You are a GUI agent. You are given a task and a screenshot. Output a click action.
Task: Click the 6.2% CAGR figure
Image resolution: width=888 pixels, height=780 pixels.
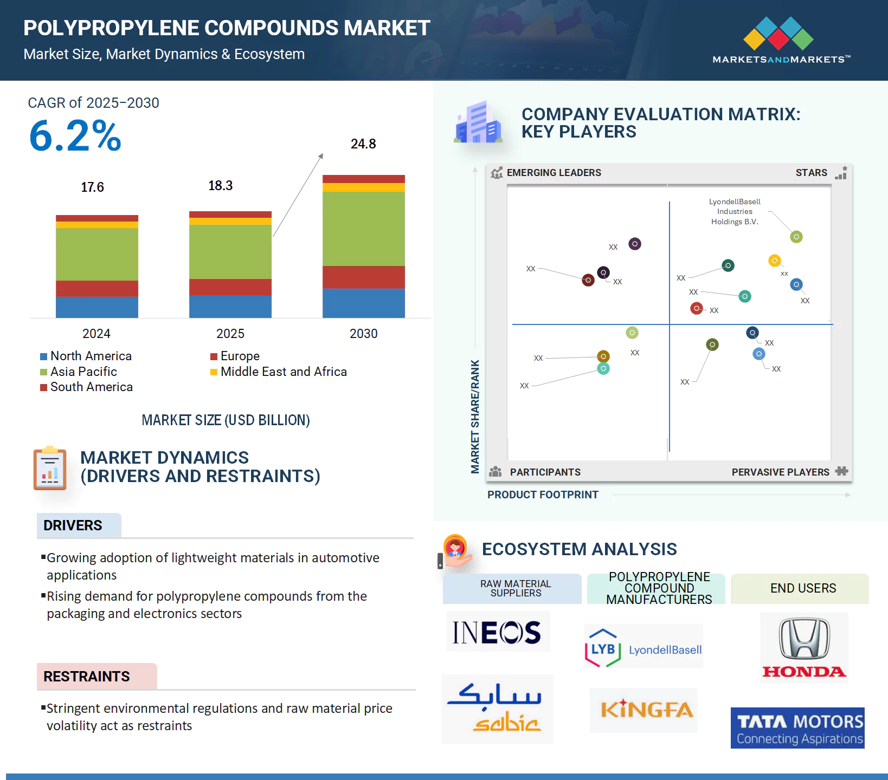click(75, 136)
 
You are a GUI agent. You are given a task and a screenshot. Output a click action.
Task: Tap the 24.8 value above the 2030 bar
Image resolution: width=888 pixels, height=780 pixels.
click(363, 144)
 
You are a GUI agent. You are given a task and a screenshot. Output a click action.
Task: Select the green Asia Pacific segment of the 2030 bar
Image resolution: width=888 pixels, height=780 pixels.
click(363, 229)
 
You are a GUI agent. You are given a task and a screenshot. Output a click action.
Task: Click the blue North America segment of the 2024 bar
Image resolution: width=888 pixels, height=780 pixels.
click(96, 307)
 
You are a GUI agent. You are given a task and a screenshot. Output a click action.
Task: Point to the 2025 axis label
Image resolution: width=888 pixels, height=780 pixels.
click(230, 334)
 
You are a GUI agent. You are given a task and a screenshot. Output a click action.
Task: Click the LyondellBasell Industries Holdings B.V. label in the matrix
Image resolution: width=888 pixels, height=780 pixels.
click(735, 212)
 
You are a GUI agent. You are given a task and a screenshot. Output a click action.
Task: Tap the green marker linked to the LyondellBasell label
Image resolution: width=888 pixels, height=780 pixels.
click(796, 237)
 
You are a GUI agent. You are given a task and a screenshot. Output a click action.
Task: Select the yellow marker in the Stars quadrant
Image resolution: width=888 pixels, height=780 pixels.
click(774, 261)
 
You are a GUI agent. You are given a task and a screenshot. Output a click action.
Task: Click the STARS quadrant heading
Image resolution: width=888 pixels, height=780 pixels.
click(811, 173)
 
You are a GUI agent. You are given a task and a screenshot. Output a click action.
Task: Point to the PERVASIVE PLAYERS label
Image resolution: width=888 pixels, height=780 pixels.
click(780, 472)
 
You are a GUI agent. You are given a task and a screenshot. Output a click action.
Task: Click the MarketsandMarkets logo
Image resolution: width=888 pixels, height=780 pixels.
click(781, 41)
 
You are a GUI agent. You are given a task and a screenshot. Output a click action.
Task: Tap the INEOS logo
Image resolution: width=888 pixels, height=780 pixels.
click(497, 632)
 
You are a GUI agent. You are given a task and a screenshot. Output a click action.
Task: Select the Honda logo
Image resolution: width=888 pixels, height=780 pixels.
click(803, 647)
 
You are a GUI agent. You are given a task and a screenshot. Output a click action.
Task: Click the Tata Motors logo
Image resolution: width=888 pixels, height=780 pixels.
click(797, 728)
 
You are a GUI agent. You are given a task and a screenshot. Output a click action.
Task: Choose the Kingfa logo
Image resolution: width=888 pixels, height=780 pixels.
click(644, 710)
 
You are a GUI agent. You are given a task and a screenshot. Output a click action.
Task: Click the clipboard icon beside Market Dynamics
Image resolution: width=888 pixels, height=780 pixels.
click(50, 468)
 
